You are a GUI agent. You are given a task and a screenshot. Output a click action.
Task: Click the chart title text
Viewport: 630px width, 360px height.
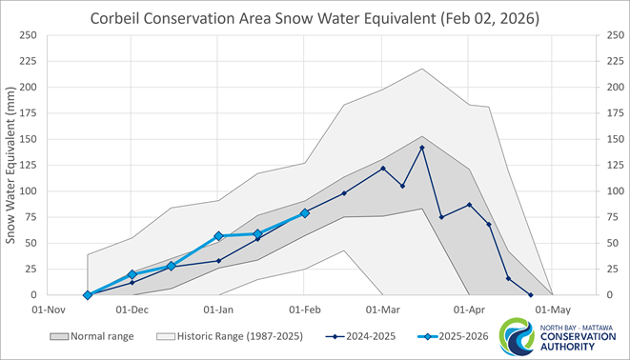coord(315,18)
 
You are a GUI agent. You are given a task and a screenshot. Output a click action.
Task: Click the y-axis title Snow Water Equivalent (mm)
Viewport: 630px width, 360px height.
coord(12,165)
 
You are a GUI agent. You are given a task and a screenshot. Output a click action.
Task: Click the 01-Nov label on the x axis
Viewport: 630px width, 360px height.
coord(48,310)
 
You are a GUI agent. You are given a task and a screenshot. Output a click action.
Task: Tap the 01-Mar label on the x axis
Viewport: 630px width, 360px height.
coord(382,310)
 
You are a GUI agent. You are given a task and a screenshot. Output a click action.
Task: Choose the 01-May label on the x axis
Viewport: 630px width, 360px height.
coord(553,310)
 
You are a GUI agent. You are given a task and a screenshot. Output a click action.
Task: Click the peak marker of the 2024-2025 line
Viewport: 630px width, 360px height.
coord(422,148)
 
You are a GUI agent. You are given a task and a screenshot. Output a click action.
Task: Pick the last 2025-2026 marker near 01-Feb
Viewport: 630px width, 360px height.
coord(305,213)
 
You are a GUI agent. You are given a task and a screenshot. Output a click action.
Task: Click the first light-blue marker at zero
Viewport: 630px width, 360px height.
coord(88,295)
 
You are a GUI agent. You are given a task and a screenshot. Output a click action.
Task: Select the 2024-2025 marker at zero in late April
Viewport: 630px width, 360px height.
coord(530,295)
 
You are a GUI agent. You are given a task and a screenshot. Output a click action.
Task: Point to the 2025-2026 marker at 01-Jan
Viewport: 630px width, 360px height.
coord(218,235)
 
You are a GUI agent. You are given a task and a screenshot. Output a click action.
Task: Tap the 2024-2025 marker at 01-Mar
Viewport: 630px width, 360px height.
coord(383,169)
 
